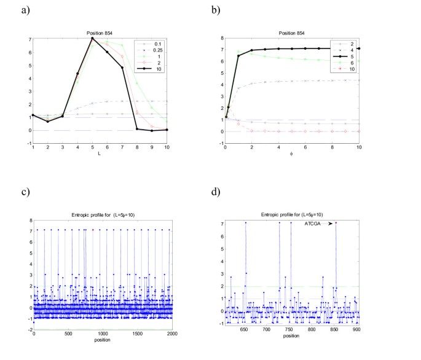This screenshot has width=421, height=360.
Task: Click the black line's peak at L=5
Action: [x=92, y=38]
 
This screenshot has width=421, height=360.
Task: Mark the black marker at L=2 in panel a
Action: [x=48, y=122]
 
